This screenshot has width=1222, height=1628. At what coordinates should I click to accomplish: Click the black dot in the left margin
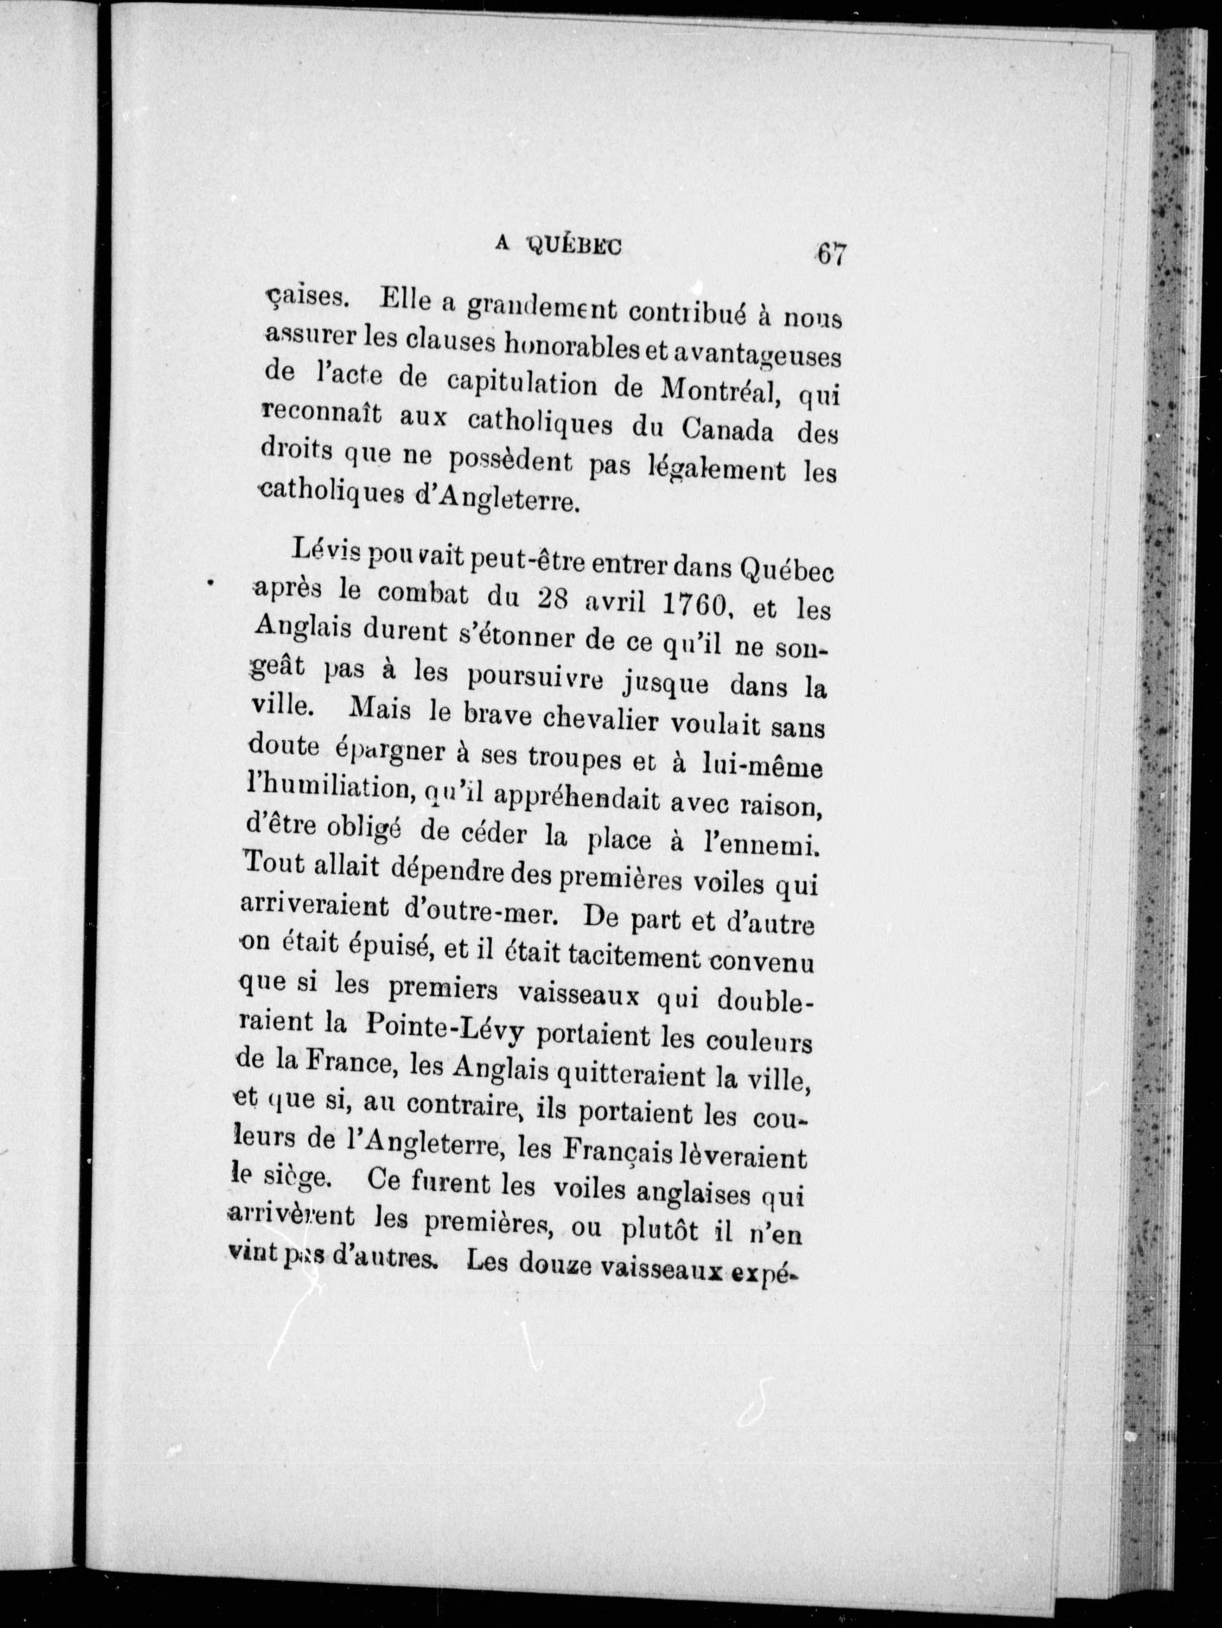click(x=210, y=583)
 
